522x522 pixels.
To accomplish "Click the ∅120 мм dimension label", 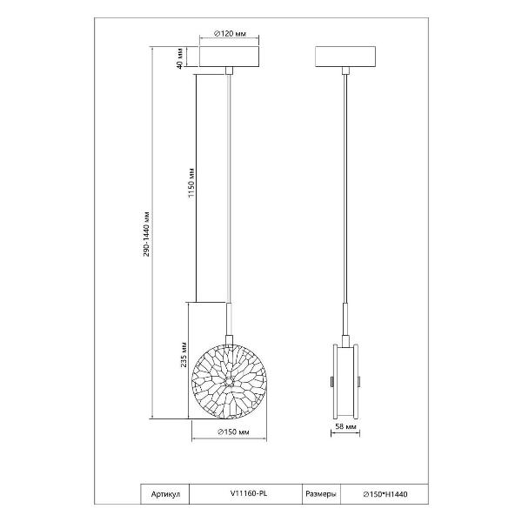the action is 230,34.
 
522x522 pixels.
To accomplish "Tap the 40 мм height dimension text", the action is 179,58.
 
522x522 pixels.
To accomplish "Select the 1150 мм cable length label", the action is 191,183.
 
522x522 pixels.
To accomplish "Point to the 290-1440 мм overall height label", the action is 146,234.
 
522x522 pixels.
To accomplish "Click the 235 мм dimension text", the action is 184,355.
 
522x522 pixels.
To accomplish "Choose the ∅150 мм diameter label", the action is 233,432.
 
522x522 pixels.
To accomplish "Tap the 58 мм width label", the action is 345,426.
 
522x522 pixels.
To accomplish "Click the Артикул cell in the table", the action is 165,494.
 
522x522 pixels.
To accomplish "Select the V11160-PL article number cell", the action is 245,494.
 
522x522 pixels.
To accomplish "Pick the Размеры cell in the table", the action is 321,494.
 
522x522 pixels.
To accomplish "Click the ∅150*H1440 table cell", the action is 385,494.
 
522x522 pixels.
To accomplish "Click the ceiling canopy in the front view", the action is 229,57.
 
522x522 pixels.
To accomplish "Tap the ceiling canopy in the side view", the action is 345,57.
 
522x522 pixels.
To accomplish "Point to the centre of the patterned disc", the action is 229,382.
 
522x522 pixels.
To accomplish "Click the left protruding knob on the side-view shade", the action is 332,382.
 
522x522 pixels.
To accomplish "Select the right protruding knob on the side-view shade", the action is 358,382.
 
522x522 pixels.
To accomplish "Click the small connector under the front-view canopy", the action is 229,70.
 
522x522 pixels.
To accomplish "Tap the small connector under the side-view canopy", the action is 345,70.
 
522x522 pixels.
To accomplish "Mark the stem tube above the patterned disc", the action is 229,318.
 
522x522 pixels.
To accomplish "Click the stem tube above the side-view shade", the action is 345,319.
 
